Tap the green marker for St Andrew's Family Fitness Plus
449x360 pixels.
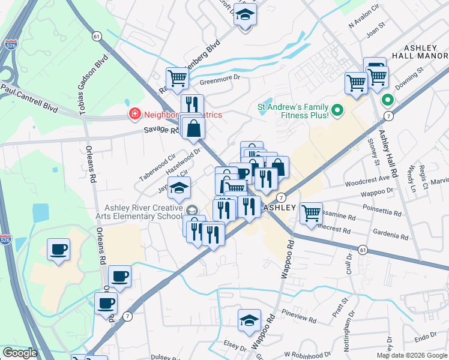[337, 110]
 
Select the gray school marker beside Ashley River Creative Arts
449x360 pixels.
[191, 210]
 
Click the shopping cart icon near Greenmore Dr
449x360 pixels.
[177, 77]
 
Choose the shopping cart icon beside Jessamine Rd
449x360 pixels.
[311, 212]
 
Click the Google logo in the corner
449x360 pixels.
[20, 353]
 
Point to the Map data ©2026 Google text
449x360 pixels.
[412, 355]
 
